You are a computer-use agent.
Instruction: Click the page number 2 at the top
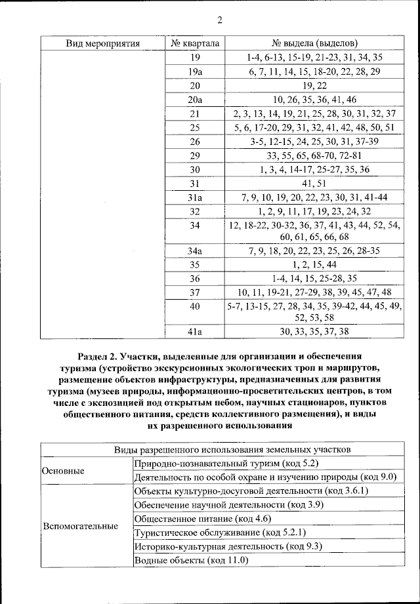tap(219, 20)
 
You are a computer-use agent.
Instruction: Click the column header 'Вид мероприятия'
tap(103, 43)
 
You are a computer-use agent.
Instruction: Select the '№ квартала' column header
tap(195, 43)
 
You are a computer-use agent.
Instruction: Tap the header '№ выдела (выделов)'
tap(314, 43)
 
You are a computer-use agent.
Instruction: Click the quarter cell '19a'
tap(195, 71)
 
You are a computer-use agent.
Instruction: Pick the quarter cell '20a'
tap(195, 100)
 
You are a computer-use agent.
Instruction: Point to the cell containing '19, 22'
tap(314, 85)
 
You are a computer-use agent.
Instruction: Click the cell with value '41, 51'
tap(314, 183)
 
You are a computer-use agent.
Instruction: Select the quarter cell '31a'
tap(195, 197)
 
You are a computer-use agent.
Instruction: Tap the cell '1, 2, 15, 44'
tap(314, 264)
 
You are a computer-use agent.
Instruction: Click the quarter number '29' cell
tap(195, 155)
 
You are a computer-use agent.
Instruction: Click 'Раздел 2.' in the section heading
tap(98, 356)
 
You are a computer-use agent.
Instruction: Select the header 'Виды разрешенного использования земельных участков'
tap(222, 450)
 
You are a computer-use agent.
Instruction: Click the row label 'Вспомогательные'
tap(80, 526)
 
